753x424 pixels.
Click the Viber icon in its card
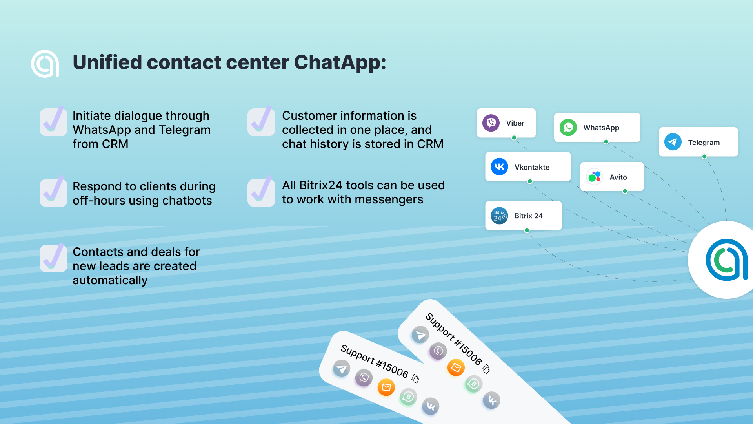[x=491, y=123]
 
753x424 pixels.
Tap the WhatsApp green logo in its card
[x=568, y=128]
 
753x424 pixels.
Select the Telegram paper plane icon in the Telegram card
[x=673, y=142]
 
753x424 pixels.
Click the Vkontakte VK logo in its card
[x=499, y=167]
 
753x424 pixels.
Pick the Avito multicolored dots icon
[x=595, y=177]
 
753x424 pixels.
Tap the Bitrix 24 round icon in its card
[x=499, y=216]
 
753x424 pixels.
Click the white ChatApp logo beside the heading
[x=45, y=64]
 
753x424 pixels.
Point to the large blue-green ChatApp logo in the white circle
[x=726, y=260]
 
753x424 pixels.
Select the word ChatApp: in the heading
[x=340, y=63]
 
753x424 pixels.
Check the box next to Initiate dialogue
[x=53, y=122]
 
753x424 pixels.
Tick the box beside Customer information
[x=261, y=122]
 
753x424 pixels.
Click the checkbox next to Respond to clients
[x=53, y=192]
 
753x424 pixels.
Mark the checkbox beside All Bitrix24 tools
[x=261, y=192]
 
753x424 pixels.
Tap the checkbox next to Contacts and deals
[x=53, y=258]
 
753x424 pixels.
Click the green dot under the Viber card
[x=514, y=138]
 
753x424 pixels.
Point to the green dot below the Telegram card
[x=704, y=157]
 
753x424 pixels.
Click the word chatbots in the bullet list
[x=187, y=201]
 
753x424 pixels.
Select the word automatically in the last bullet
[x=110, y=280]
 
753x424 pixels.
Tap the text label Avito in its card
[x=618, y=177]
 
